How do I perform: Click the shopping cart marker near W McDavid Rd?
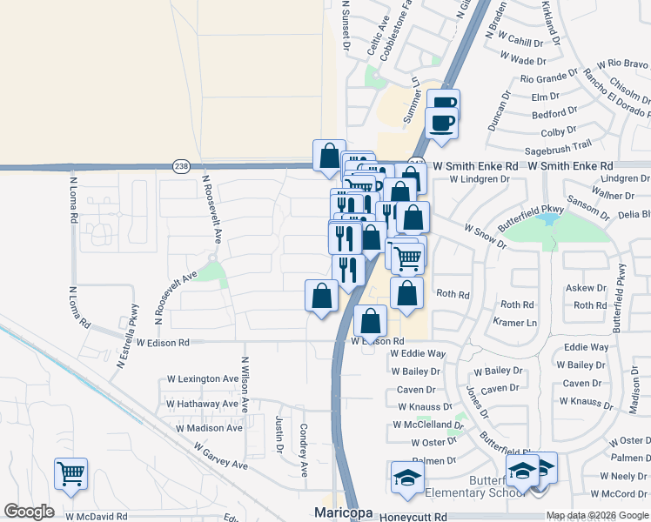pyautogui.click(x=70, y=474)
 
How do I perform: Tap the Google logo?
pyautogui.click(x=29, y=512)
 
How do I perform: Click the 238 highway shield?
pyautogui.click(x=180, y=165)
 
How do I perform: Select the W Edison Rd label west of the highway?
pyautogui.click(x=157, y=343)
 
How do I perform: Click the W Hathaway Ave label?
pyautogui.click(x=201, y=404)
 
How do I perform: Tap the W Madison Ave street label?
pyautogui.click(x=209, y=428)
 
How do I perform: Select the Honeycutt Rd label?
pyautogui.click(x=413, y=517)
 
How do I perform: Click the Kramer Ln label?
pyautogui.click(x=516, y=323)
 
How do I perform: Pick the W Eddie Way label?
pyautogui.click(x=418, y=354)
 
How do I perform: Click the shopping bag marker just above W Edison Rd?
pyautogui.click(x=371, y=321)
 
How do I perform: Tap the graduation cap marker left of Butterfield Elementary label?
pyautogui.click(x=407, y=478)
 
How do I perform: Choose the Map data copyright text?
pyautogui.click(x=595, y=515)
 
